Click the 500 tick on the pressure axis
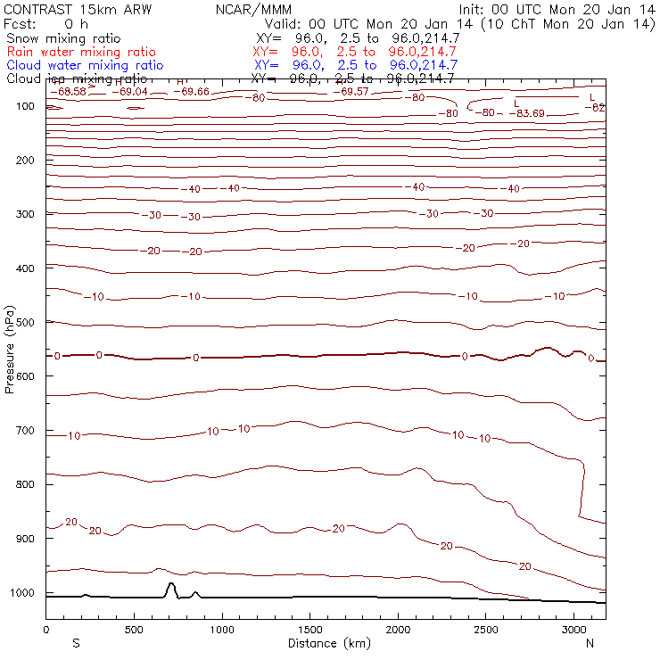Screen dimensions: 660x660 pyautogui.click(x=45, y=322)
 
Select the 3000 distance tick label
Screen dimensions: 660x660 pyautogui.click(x=573, y=630)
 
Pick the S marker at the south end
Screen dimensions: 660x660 pyautogui.click(x=76, y=642)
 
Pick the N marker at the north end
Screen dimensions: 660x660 pyautogui.click(x=590, y=642)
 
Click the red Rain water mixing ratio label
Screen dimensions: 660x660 pyautogui.click(x=81, y=53)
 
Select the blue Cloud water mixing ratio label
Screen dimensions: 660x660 pyautogui.click(x=85, y=65)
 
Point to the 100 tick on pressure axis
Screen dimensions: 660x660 pyautogui.click(x=45, y=106)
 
